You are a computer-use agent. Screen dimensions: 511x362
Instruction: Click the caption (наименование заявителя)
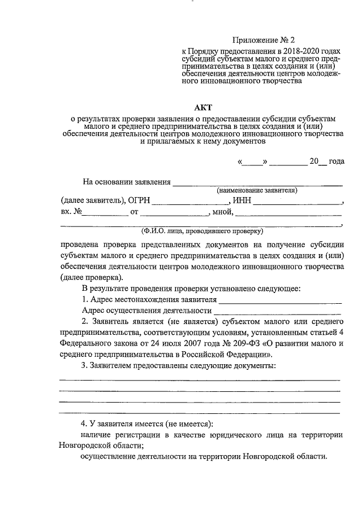click(257, 191)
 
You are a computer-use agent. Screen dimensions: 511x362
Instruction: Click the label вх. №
click(72, 212)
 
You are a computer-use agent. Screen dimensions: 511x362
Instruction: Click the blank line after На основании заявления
click(257, 184)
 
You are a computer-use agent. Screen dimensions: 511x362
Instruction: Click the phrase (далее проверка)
click(90, 278)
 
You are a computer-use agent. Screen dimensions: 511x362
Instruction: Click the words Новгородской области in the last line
click(282, 457)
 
